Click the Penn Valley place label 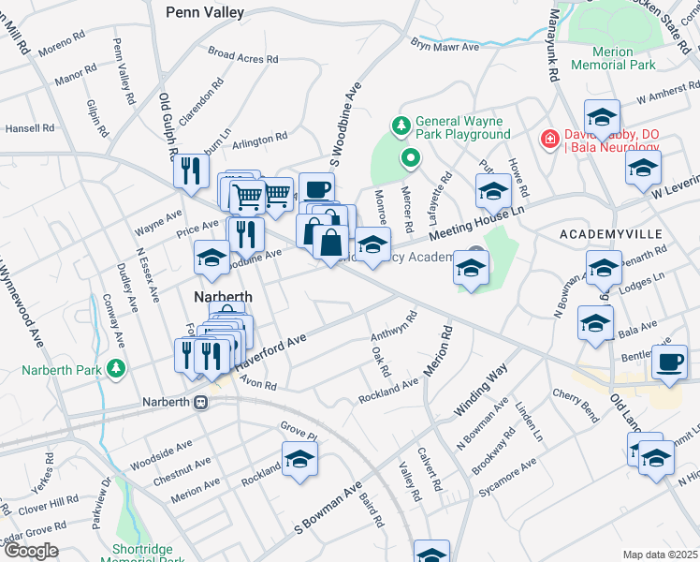click(204, 12)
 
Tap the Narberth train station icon click(200, 402)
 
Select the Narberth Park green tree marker click(116, 367)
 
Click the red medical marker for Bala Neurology click(550, 140)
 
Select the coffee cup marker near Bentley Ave click(669, 362)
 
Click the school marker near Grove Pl click(299, 459)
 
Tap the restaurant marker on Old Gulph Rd click(190, 170)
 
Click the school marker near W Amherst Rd click(602, 116)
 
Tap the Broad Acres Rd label click(243, 56)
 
